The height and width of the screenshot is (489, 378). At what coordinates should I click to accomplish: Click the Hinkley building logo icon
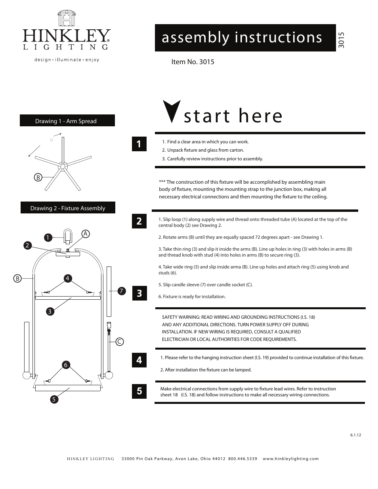[66, 18]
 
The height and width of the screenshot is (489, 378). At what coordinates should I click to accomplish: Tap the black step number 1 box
[139, 144]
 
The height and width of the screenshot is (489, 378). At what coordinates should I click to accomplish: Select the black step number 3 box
[139, 293]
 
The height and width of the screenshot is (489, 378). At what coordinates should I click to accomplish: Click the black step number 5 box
[139, 391]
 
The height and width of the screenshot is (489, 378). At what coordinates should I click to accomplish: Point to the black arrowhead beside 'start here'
[172, 111]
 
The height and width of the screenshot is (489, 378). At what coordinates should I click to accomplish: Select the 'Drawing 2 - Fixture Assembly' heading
[68, 208]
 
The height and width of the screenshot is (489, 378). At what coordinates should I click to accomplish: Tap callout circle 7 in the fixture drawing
[121, 291]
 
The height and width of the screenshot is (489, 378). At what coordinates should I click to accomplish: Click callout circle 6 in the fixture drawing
[66, 365]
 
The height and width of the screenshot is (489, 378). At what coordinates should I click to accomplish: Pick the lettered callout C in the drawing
[120, 341]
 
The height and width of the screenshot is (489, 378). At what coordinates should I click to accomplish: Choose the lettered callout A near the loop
[85, 234]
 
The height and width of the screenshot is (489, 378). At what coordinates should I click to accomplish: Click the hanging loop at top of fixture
[68, 236]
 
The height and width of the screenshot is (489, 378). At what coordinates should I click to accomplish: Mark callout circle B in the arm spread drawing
[38, 177]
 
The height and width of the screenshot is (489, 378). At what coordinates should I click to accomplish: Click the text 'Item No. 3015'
[193, 62]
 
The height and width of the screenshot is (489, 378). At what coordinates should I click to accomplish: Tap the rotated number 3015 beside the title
[342, 40]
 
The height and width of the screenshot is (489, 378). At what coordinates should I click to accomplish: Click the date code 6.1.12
[355, 435]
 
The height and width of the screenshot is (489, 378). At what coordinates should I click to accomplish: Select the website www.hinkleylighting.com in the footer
[290, 459]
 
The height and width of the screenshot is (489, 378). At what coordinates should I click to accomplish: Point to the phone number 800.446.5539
[242, 459]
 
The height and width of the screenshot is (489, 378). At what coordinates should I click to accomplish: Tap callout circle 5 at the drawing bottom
[54, 399]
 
